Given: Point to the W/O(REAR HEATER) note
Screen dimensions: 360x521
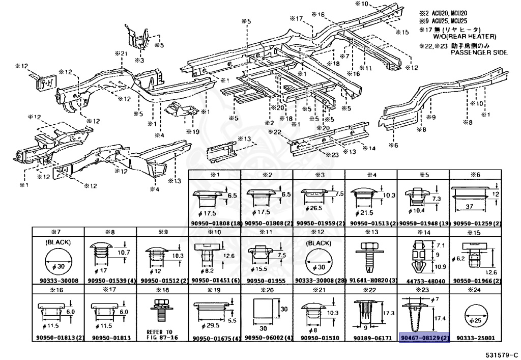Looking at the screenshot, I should coord(465,37).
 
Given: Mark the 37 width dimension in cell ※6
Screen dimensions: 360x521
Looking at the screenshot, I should coord(469,207).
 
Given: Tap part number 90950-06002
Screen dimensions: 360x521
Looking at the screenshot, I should coord(266,338).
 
